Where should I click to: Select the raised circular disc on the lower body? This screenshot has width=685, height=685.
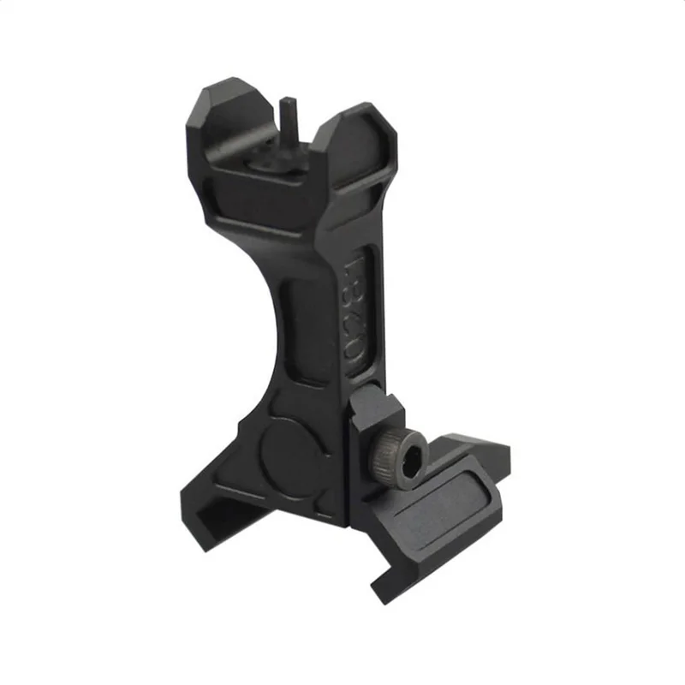289,450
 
